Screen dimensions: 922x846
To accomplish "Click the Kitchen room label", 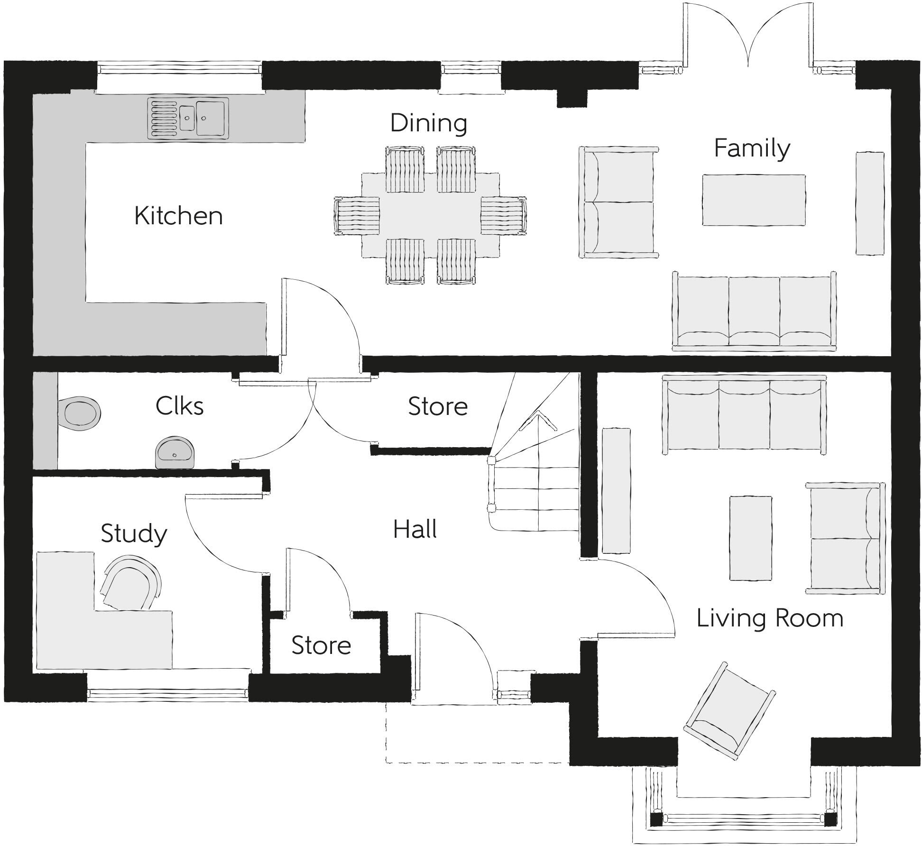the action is click(x=178, y=216).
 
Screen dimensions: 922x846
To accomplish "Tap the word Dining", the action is click(x=429, y=123).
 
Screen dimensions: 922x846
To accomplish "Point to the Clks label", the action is click(x=180, y=406).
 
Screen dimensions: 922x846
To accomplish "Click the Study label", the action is click(x=134, y=533).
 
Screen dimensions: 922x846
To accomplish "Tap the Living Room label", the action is click(x=770, y=618).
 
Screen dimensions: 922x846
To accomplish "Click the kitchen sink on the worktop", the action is click(x=188, y=119).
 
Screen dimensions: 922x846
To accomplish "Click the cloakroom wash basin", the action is click(x=175, y=452).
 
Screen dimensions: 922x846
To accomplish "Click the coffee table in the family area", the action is click(x=754, y=200).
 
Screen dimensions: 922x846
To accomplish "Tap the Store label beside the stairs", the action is click(x=438, y=406).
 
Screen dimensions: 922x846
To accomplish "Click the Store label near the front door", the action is click(x=321, y=645).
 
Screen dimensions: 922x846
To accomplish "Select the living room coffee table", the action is click(x=750, y=538).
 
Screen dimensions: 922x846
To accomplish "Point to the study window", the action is click(x=168, y=695).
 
